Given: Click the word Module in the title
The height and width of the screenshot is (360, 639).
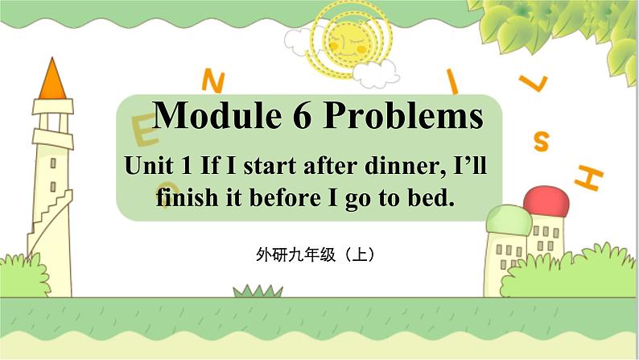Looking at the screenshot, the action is [x=216, y=114].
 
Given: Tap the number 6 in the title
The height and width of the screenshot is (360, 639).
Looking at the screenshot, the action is [x=302, y=115].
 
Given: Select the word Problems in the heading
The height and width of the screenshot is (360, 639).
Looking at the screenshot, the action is [x=403, y=116].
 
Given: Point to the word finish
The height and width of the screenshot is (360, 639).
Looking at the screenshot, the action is [x=187, y=198].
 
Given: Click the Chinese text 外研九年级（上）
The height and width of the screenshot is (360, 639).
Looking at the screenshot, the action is [x=315, y=254].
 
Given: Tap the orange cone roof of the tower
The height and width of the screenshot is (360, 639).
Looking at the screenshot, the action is [x=52, y=78].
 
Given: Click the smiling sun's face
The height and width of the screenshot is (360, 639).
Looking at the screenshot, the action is [x=346, y=42].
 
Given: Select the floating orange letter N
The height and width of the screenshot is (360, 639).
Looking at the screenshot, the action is [x=213, y=81].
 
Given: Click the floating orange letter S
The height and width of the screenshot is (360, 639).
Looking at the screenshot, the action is [x=541, y=141].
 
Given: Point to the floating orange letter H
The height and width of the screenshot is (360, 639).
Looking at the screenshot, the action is [x=588, y=178].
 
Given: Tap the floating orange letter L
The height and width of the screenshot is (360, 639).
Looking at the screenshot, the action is [x=533, y=83].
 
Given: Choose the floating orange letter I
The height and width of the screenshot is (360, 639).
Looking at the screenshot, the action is [x=452, y=81].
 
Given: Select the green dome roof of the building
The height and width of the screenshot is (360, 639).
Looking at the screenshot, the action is [x=509, y=220].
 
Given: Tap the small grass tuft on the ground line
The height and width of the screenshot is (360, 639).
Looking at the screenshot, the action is [x=258, y=291].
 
